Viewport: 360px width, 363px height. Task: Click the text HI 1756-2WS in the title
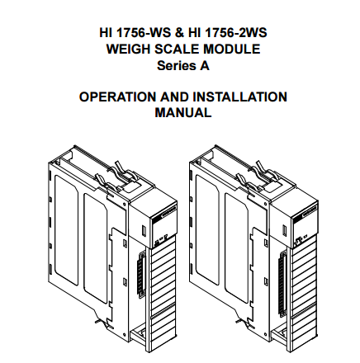point(228,33)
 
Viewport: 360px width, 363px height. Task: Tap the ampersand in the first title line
point(179,33)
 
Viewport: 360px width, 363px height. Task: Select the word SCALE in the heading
point(177,49)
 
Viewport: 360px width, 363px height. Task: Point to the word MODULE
point(232,49)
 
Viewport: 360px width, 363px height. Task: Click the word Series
point(174,66)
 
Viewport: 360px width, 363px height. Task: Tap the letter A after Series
point(205,66)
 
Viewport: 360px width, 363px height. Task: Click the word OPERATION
point(118,97)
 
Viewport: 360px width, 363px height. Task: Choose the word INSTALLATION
point(239,97)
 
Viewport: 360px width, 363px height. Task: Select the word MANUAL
point(183,112)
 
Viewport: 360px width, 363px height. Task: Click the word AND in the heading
point(174,97)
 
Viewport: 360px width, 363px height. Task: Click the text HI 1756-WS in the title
point(135,33)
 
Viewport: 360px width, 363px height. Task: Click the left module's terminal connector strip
point(141,275)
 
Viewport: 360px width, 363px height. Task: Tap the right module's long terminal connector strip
point(282,284)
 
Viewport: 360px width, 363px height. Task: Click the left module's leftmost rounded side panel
point(66,230)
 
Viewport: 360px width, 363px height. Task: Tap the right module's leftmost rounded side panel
point(207,230)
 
